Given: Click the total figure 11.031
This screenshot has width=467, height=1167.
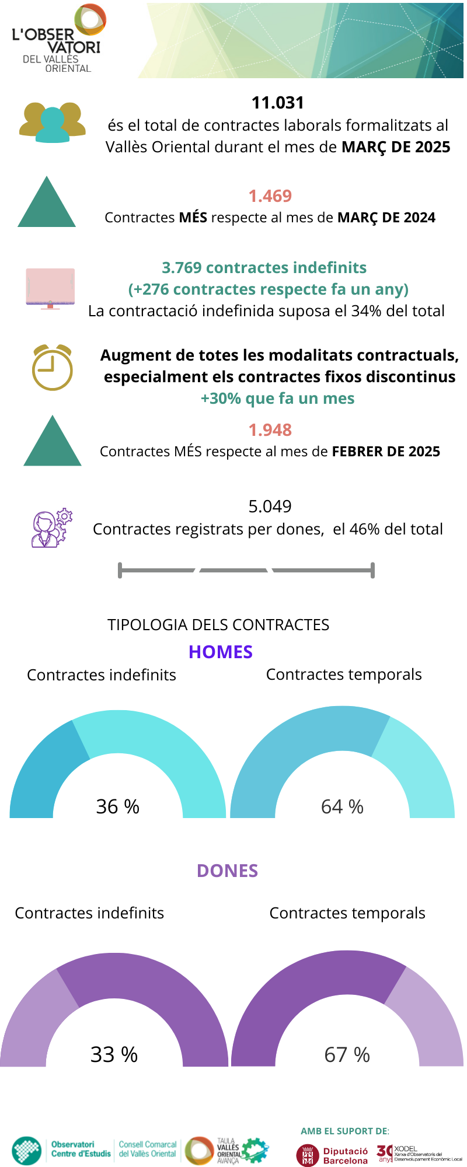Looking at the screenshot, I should point(278,103).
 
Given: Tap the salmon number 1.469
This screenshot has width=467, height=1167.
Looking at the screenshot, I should point(270,196).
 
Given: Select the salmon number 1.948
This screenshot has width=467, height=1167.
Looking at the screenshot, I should point(270,430).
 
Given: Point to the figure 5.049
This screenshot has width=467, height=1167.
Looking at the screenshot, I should point(270,506).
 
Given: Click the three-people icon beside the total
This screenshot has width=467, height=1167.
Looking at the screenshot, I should point(53,123).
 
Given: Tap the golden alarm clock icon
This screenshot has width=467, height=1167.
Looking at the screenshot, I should point(52,368).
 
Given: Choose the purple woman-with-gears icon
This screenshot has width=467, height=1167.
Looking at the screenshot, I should point(52,528).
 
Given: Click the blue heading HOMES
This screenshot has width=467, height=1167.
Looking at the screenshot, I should point(221,652).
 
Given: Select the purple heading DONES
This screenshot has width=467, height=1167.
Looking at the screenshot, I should point(227,871).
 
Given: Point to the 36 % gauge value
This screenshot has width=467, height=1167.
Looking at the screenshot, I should point(118,806).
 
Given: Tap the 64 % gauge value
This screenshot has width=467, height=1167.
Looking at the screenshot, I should point(342,806).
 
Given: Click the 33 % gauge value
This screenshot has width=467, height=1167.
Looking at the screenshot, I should point(114,1054).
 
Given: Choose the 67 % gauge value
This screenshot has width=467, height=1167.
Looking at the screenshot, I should point(347,1054).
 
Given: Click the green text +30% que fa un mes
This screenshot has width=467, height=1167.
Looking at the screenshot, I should point(278,399).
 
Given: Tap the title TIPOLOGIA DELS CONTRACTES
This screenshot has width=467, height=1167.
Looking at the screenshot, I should point(218,625).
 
